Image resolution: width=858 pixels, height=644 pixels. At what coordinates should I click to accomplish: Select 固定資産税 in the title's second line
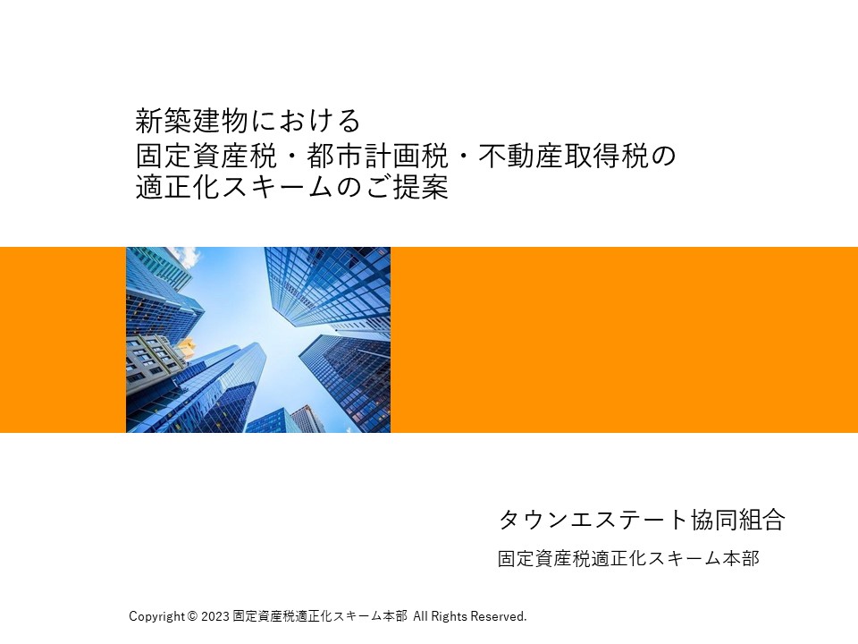tap(206, 156)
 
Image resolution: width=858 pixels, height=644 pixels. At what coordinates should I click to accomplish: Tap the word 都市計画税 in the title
tap(377, 156)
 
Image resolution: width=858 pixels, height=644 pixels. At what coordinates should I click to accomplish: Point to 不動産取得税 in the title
tap(563, 156)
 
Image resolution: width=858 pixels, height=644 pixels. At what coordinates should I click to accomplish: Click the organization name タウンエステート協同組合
tap(642, 519)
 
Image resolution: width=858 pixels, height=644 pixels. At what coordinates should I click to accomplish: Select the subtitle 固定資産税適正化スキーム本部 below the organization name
tap(628, 558)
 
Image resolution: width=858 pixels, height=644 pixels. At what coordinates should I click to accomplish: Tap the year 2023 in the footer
tap(215, 616)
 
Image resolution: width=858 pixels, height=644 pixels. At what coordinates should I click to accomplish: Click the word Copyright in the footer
tap(157, 616)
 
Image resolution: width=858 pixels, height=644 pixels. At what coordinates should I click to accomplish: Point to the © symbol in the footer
tap(192, 616)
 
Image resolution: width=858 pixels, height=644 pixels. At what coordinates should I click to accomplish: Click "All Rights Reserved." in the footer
tap(470, 616)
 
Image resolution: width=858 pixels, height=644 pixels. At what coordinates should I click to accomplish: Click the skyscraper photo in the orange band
tap(258, 340)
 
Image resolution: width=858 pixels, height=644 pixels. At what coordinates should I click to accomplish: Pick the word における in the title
tap(305, 121)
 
